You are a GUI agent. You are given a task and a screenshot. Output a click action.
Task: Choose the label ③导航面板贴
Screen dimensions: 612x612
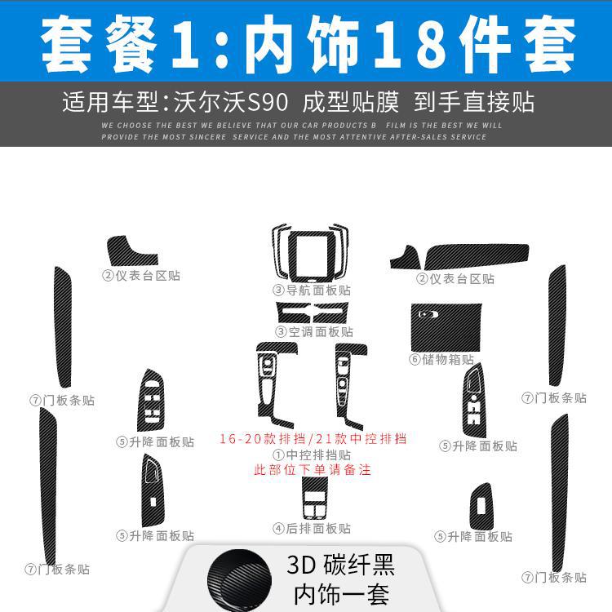click(x=312, y=290)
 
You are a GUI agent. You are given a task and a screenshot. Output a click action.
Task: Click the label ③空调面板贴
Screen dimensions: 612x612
click(x=313, y=331)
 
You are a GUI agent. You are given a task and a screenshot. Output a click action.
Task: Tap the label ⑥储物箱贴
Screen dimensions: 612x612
click(x=441, y=359)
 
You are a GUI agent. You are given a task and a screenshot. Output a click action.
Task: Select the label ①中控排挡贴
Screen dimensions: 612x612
click(x=312, y=455)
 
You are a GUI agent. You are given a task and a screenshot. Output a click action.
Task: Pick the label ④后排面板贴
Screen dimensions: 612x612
click(x=312, y=529)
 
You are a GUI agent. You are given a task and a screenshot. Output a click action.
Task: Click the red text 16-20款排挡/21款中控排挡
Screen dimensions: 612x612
click(x=313, y=438)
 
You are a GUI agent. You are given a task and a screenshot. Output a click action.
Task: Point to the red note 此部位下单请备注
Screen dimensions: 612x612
click(x=313, y=471)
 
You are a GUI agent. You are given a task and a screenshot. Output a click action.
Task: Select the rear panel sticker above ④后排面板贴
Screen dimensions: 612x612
click(x=313, y=499)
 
